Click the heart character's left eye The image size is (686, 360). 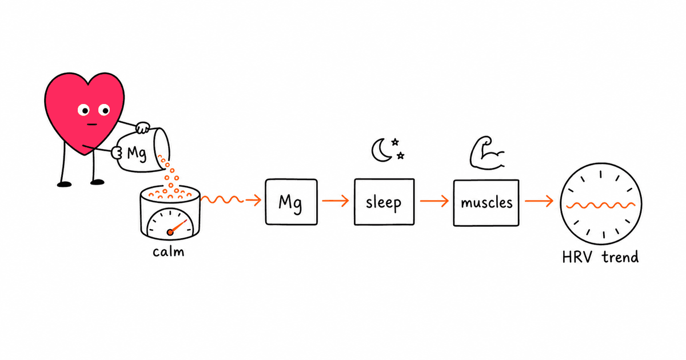coord(83,110)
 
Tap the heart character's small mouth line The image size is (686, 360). coord(92,125)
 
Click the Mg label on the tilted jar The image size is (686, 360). coord(137,154)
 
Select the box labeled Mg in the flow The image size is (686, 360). coord(291,202)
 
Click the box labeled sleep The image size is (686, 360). coord(384,202)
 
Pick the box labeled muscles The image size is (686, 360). coord(486,203)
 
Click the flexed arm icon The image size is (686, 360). coord(487,153)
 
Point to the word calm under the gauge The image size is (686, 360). coord(169,252)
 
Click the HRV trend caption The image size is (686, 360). coord(600,257)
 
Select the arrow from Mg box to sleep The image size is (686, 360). coord(336,201)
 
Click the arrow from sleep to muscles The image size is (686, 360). coord(434,201)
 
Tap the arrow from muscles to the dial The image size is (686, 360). coord(539,201)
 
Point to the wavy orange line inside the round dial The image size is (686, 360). coord(601,205)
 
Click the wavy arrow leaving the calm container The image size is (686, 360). coord(231,200)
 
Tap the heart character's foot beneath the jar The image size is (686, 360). coord(97,182)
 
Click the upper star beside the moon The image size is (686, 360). coord(395,142)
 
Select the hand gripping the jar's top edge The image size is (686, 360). coord(143,127)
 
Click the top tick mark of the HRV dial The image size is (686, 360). coord(601,174)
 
